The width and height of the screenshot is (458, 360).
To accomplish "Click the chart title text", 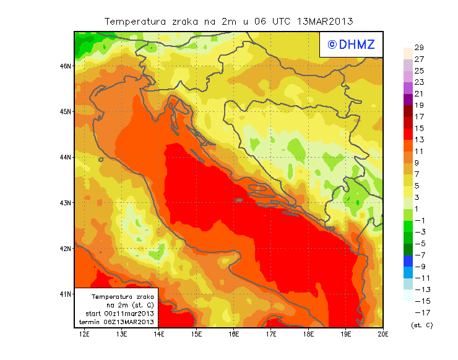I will tap(228, 21).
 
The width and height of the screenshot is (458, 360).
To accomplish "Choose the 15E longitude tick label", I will tap(197, 335).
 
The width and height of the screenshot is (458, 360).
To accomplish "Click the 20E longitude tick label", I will tap(383, 335).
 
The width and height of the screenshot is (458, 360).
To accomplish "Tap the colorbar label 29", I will tap(418, 48).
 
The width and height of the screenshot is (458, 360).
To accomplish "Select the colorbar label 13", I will tap(418, 139).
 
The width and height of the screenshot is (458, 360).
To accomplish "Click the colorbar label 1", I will tap(418, 208).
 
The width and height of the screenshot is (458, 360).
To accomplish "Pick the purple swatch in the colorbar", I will tap(407, 99).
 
